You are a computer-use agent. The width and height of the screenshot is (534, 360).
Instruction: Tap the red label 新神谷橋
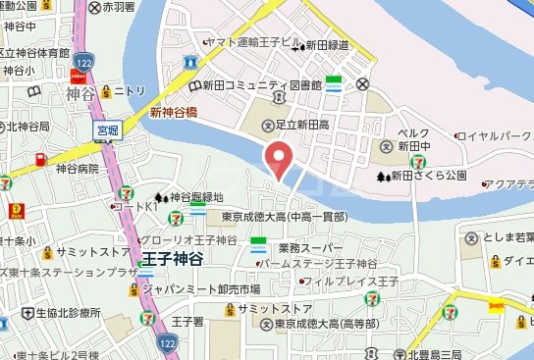pos(174,113)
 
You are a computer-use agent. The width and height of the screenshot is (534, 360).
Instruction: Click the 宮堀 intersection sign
pos(106,129)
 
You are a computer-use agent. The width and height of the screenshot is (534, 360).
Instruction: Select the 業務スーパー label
pos(306,247)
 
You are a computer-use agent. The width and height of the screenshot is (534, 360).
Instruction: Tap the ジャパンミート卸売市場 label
pos(198,289)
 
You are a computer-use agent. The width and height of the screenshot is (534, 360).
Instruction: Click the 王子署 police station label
pos(187,320)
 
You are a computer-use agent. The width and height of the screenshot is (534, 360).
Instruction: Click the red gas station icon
pos(40,160)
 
